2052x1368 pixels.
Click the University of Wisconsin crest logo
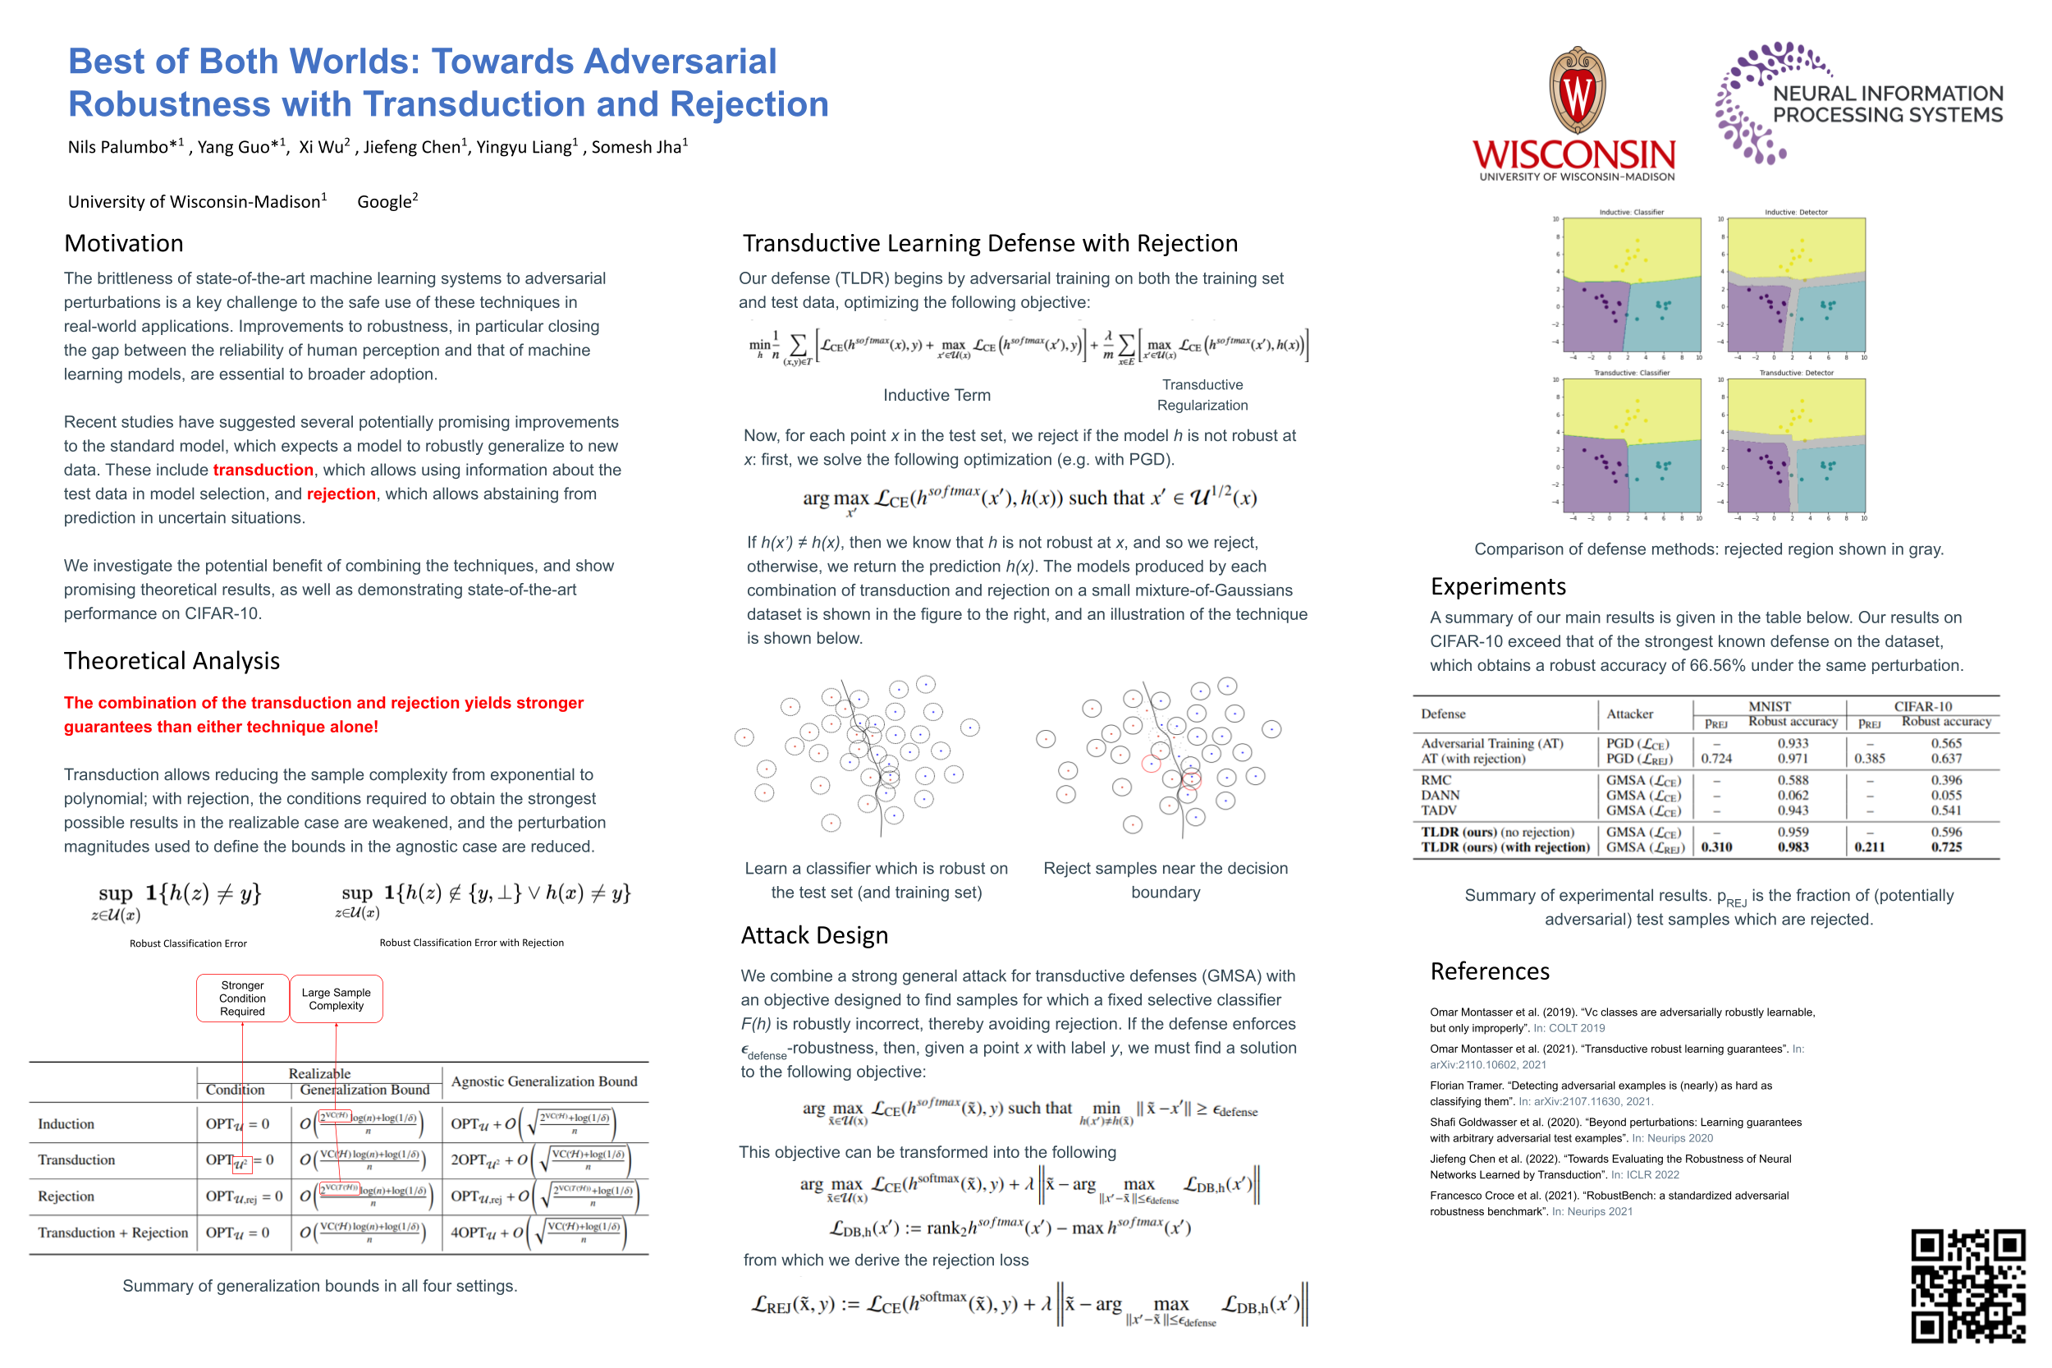(x=1576, y=92)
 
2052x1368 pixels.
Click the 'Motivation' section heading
(x=124, y=243)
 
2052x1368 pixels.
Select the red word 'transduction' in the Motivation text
(x=263, y=471)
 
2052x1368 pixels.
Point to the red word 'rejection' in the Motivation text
(x=341, y=493)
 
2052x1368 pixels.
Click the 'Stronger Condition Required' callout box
(x=242, y=998)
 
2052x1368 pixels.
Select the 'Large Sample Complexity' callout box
(x=336, y=999)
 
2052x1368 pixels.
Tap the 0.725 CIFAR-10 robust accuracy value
(x=1945, y=847)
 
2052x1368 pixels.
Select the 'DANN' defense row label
(x=1440, y=796)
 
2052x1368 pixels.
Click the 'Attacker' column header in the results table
(x=1629, y=714)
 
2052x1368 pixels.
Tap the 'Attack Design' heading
(x=814, y=935)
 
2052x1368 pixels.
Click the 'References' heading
(x=1490, y=971)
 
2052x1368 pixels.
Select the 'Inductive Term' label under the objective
(x=937, y=395)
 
